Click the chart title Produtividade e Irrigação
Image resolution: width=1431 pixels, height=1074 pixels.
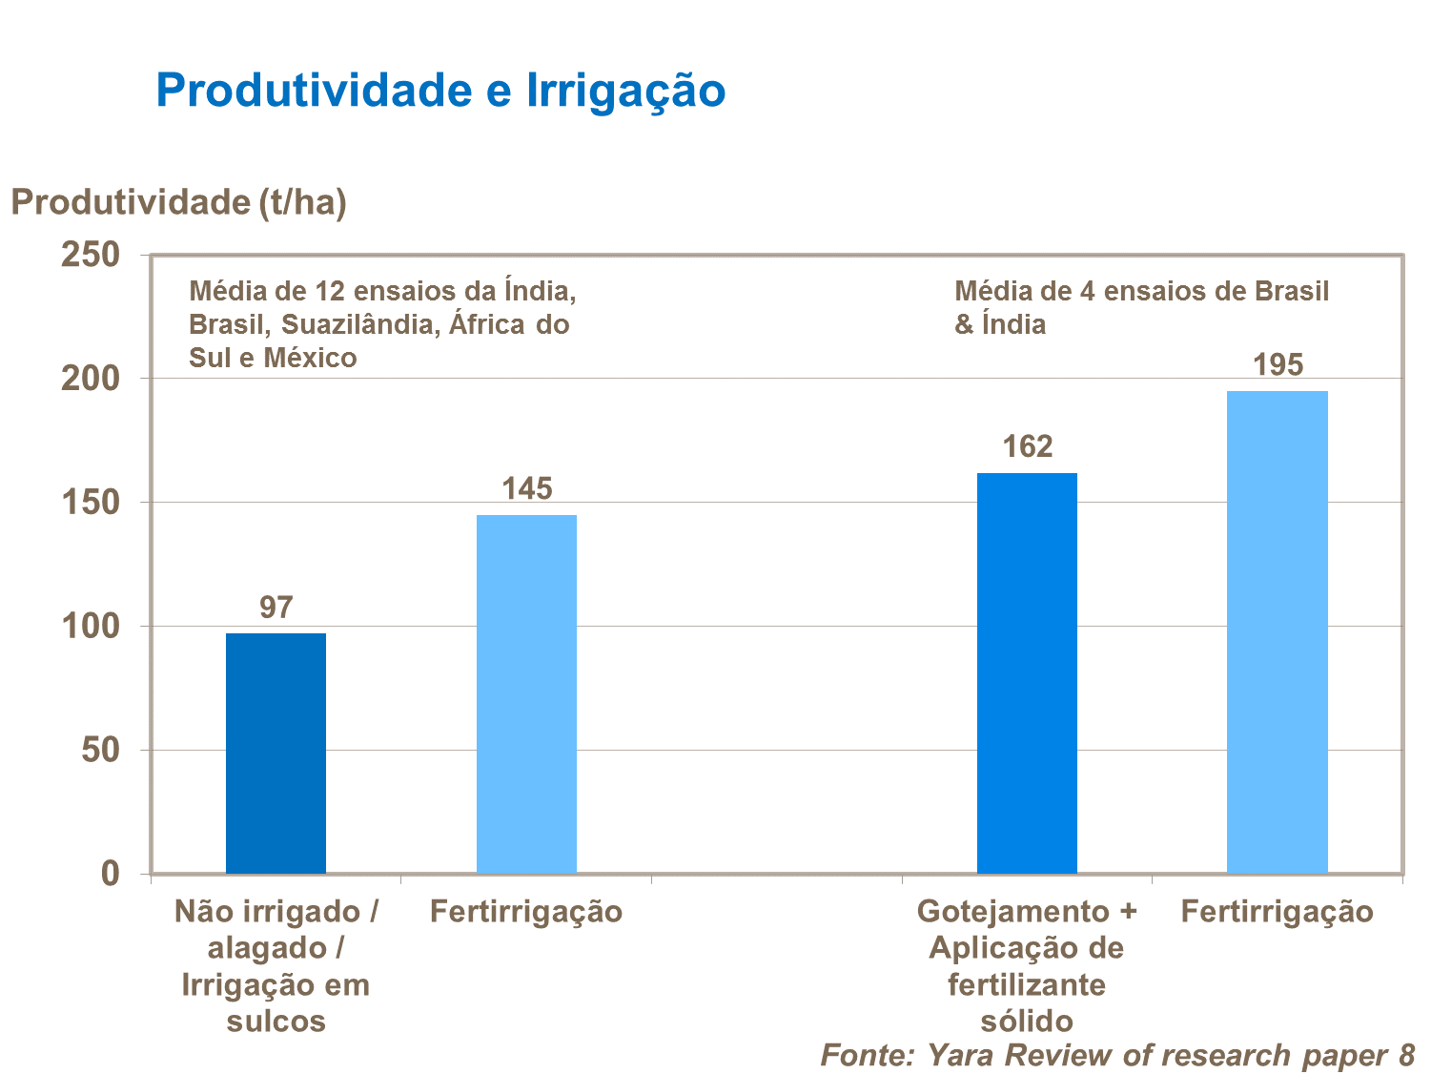click(440, 91)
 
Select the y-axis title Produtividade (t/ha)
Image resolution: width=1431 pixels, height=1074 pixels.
click(178, 202)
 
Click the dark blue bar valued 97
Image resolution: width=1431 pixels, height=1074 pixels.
click(276, 753)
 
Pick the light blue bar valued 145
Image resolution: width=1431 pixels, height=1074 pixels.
click(526, 693)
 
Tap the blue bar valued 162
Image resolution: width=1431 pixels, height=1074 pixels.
click(1027, 672)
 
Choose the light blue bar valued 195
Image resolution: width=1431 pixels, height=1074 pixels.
click(1277, 631)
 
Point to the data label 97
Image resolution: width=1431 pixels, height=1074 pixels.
click(276, 608)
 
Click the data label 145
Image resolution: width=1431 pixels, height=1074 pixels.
click(526, 489)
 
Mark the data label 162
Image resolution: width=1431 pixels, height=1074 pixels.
click(1027, 446)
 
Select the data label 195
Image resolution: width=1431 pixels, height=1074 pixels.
click(1277, 365)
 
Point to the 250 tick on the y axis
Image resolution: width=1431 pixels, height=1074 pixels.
click(91, 255)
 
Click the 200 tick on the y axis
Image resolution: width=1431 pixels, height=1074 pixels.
click(91, 379)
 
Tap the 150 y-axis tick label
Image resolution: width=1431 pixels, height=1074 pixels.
click(91, 503)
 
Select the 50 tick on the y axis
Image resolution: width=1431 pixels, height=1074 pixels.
click(100, 750)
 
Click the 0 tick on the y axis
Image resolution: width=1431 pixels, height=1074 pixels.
click(111, 873)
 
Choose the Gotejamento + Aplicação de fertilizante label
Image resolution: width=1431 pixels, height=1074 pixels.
click(1027, 965)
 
